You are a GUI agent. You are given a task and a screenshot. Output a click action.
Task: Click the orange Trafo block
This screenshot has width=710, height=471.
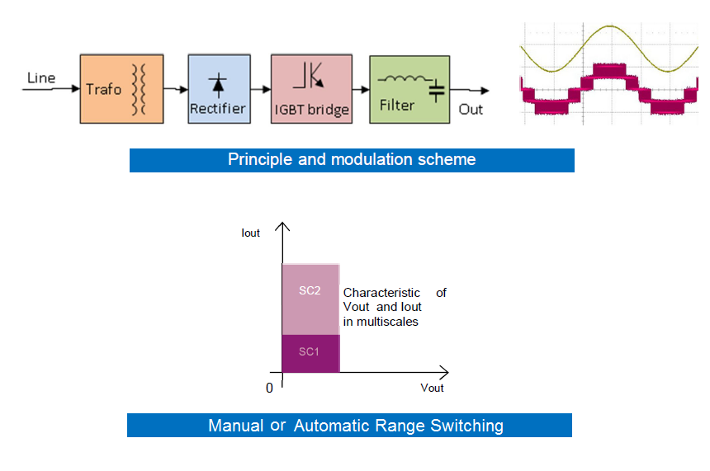[122, 89]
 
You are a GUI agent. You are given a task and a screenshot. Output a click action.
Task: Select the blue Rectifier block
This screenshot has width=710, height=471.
[219, 89]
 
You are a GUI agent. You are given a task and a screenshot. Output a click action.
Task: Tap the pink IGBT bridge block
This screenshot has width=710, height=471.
[311, 89]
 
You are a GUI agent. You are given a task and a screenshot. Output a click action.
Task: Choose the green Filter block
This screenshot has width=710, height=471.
[409, 89]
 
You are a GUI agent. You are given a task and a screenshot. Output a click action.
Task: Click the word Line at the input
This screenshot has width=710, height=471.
[41, 78]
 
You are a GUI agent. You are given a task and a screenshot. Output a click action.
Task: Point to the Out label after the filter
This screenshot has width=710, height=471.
[471, 110]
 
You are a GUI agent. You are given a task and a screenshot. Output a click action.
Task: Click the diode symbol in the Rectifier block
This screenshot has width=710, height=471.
[218, 85]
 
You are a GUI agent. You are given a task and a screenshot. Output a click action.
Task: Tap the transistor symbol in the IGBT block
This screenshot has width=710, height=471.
[309, 75]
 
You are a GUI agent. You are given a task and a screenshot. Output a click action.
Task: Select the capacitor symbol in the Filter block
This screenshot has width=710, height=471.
[437, 92]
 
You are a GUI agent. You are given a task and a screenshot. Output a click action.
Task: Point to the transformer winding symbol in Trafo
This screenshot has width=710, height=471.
[139, 89]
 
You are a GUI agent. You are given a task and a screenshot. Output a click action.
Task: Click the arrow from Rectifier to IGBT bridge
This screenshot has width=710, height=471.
[261, 90]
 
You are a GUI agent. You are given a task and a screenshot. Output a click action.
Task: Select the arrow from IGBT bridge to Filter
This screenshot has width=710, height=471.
[361, 90]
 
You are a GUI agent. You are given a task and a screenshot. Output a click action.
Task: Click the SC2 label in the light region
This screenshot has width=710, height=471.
[310, 290]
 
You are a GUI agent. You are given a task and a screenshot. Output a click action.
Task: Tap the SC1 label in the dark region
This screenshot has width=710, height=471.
[309, 351]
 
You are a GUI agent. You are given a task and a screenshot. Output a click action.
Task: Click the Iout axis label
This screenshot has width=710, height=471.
[250, 233]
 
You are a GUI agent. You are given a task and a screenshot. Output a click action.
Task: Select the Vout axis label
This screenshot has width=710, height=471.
[432, 388]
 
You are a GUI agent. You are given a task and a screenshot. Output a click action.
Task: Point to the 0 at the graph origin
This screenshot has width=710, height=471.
[269, 389]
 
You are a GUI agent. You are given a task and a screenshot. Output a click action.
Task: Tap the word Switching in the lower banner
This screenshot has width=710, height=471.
[466, 426]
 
